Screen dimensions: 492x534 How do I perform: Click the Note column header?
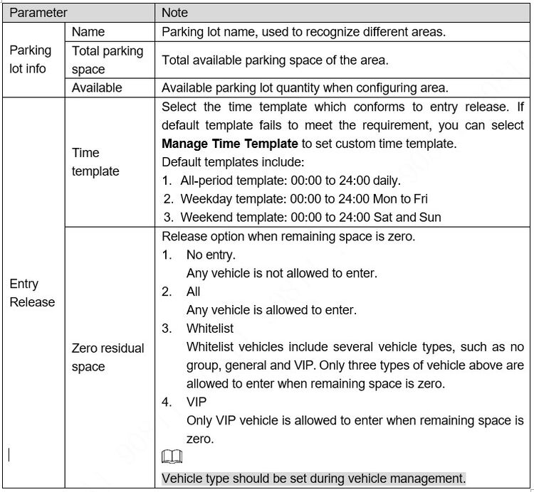[174, 13]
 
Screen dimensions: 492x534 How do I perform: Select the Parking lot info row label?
[31, 60]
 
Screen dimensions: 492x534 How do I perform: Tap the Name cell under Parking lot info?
[88, 32]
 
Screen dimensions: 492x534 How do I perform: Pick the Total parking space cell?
[108, 60]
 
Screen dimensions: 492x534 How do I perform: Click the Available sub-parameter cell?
[97, 87]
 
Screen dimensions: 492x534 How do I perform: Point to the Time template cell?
[95, 162]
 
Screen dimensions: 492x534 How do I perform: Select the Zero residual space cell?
[108, 357]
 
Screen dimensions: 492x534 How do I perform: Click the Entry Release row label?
[32, 293]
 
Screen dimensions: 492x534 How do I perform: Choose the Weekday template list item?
[303, 199]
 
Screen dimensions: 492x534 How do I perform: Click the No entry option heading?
[210, 255]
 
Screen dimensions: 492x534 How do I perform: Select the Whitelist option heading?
[209, 328]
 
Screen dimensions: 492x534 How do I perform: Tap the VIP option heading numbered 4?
[197, 402]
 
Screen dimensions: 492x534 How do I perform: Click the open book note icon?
[172, 459]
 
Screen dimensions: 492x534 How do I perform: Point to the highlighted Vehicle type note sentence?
[314, 477]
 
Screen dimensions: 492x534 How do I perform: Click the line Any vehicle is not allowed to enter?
[282, 273]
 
